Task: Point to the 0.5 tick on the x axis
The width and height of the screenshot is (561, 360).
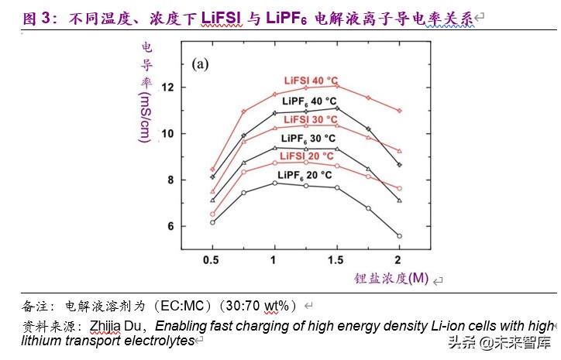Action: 212,259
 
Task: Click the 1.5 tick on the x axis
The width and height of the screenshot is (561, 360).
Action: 336,259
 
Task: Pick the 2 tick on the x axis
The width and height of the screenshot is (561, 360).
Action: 399,259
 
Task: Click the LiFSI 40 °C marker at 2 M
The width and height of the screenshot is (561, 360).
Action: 399,111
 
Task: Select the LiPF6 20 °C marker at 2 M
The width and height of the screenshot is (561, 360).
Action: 399,235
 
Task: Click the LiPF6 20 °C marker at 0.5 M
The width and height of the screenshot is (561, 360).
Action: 212,222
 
